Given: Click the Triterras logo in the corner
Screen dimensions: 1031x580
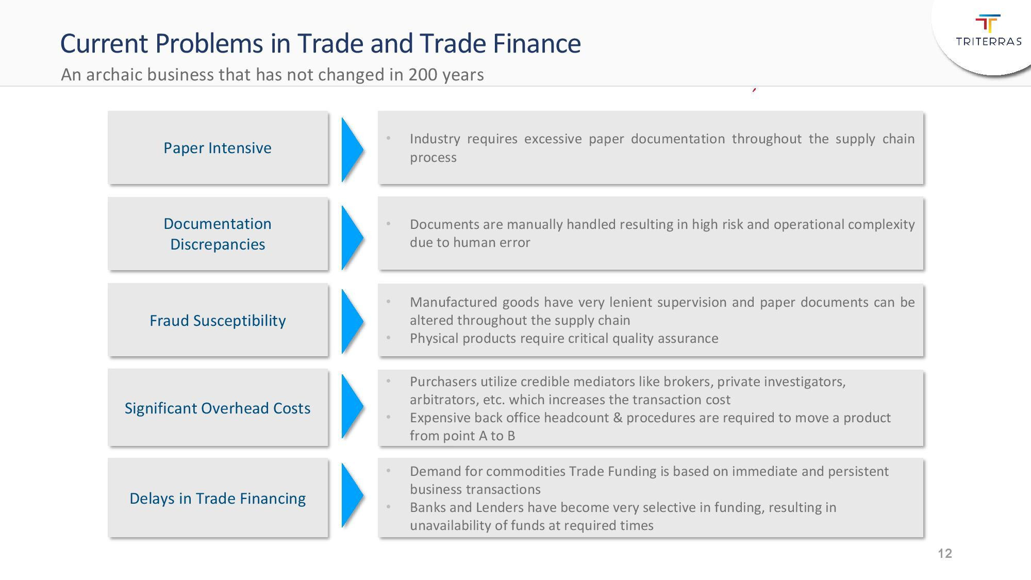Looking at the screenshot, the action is (988, 30).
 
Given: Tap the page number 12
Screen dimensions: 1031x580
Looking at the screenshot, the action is (945, 554).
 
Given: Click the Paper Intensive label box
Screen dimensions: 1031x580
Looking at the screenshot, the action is (218, 147).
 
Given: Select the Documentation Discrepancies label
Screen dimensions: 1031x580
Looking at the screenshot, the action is (218, 234).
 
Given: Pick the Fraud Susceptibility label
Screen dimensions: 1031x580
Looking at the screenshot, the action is (218, 320).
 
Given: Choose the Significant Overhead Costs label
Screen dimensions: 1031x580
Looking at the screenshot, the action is (218, 408).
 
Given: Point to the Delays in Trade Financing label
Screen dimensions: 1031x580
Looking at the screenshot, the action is (218, 498).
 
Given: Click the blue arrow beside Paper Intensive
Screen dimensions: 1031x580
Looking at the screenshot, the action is (353, 150).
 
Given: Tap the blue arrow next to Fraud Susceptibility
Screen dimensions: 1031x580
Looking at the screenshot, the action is (353, 321).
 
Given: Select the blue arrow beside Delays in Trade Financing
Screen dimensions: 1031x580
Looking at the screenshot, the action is (353, 495).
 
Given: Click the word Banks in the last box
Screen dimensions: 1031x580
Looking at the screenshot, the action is (428, 507).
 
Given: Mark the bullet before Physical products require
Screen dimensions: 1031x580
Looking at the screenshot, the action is (389, 338).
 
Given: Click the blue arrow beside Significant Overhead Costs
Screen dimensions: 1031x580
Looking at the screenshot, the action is (353, 406).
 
